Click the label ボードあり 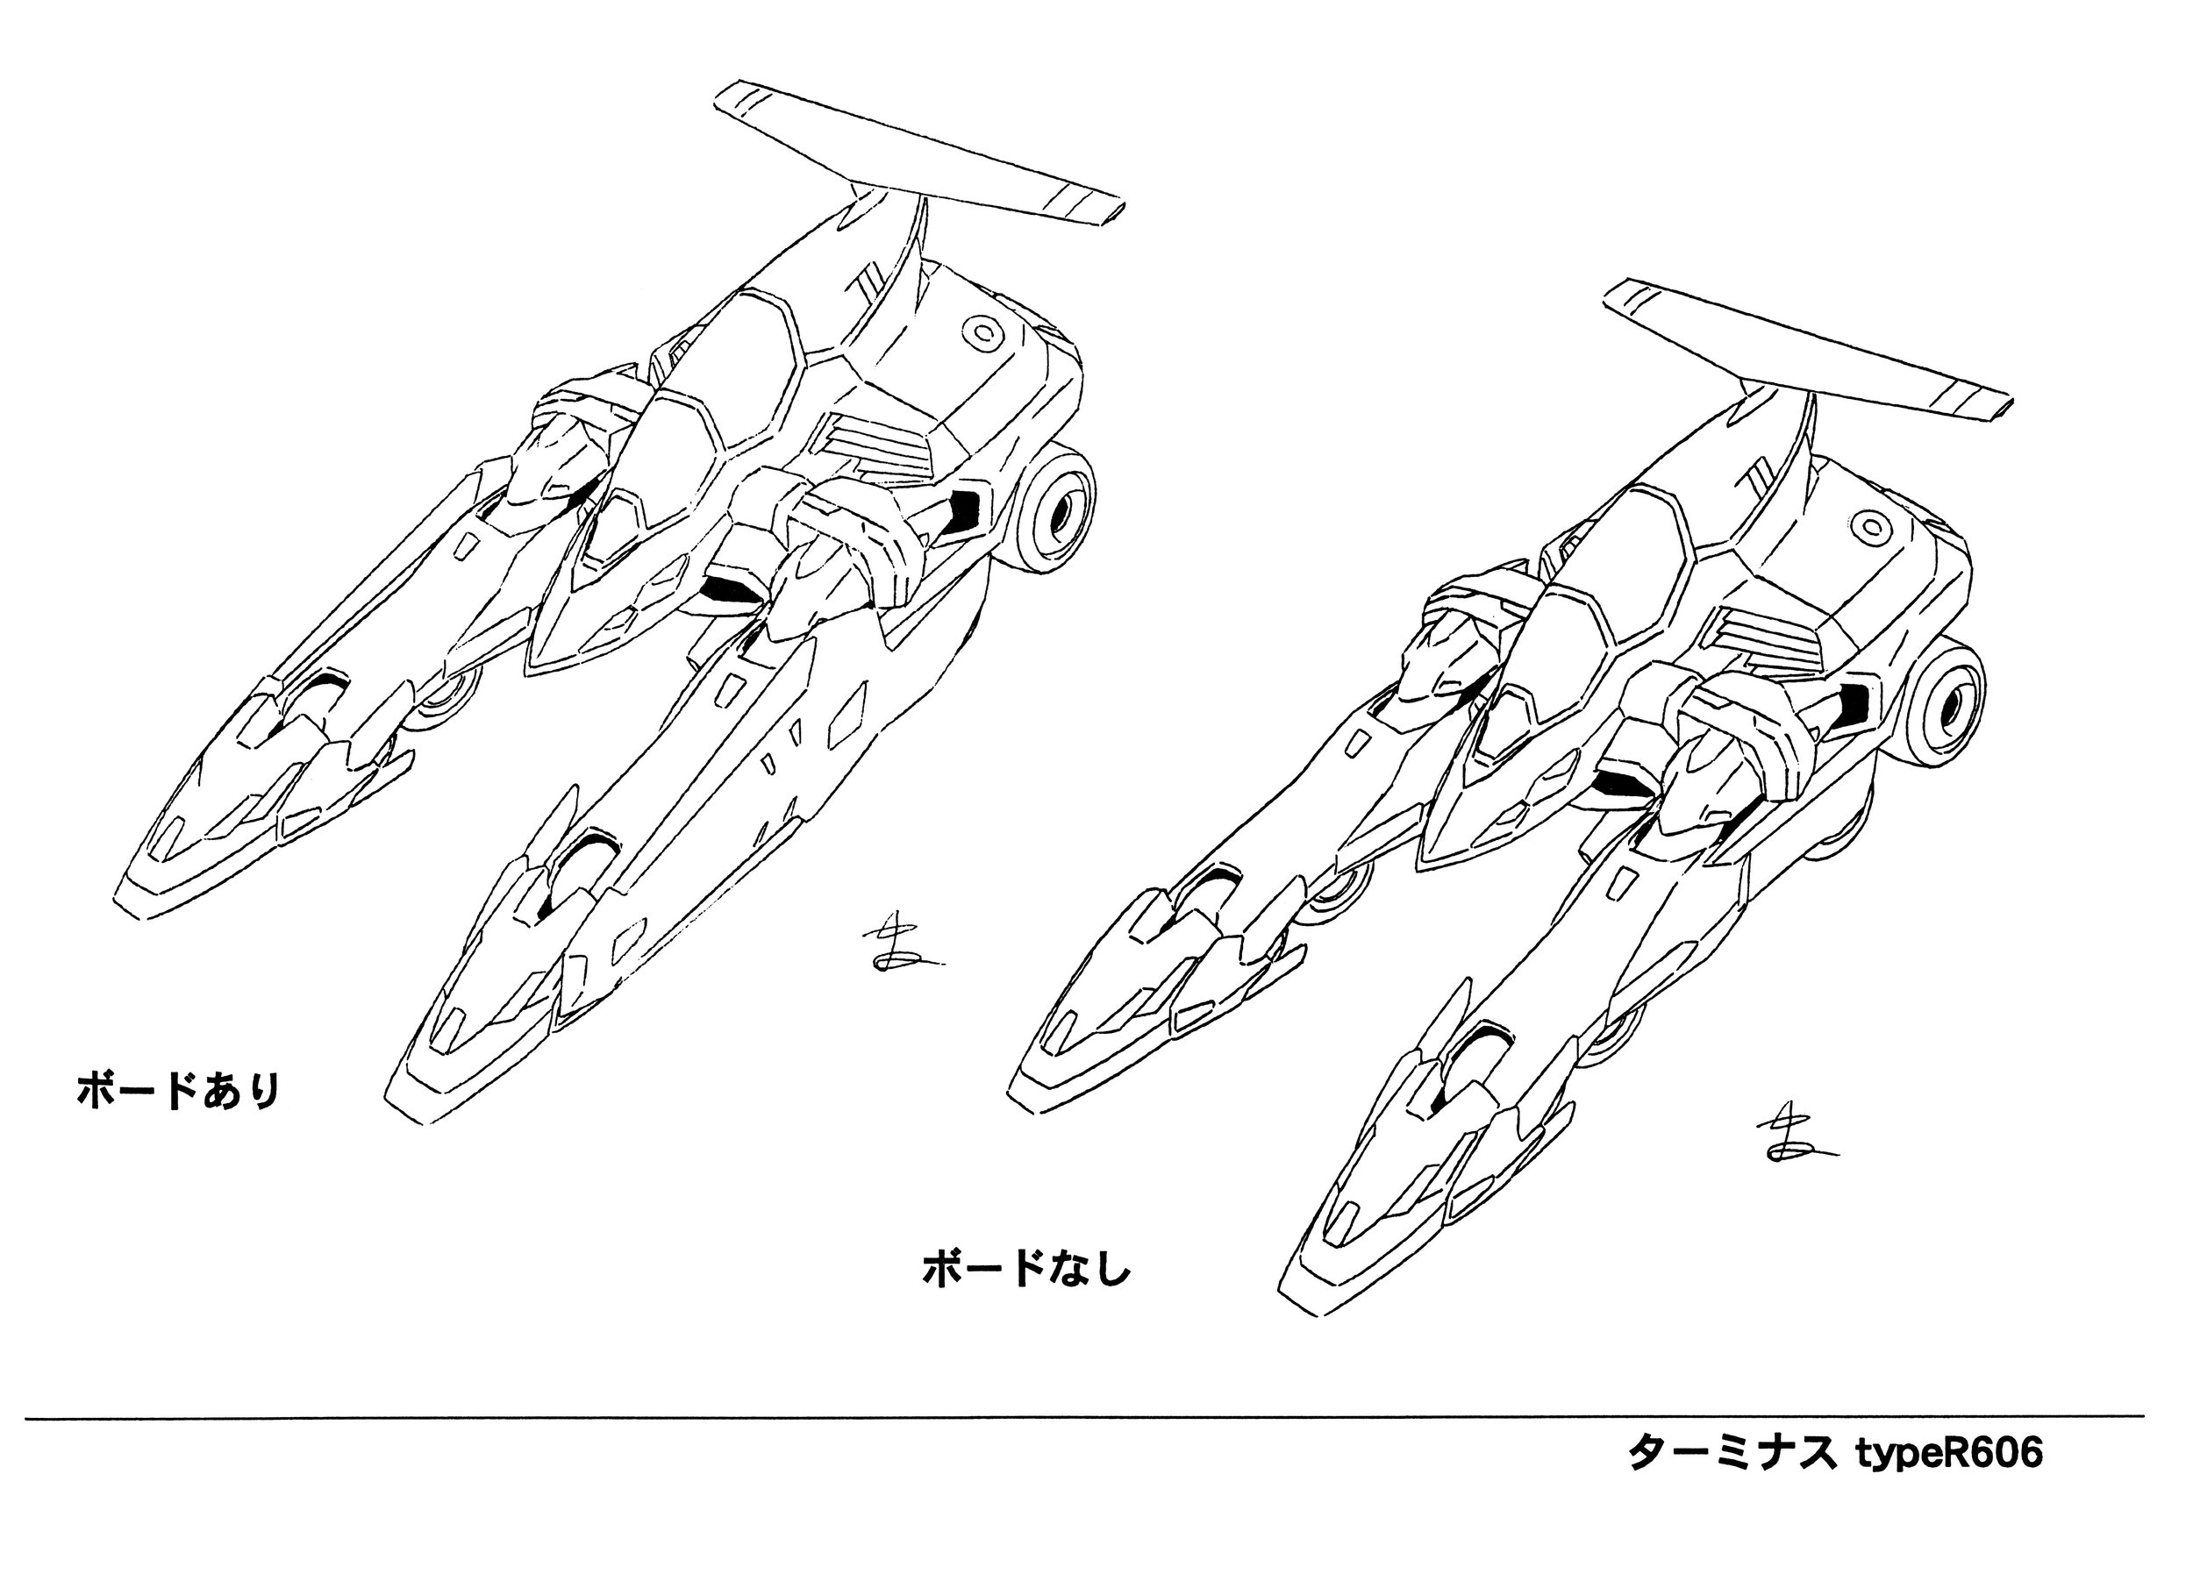click(179, 1092)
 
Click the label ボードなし click(1027, 1270)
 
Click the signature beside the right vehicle click(1789, 1141)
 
